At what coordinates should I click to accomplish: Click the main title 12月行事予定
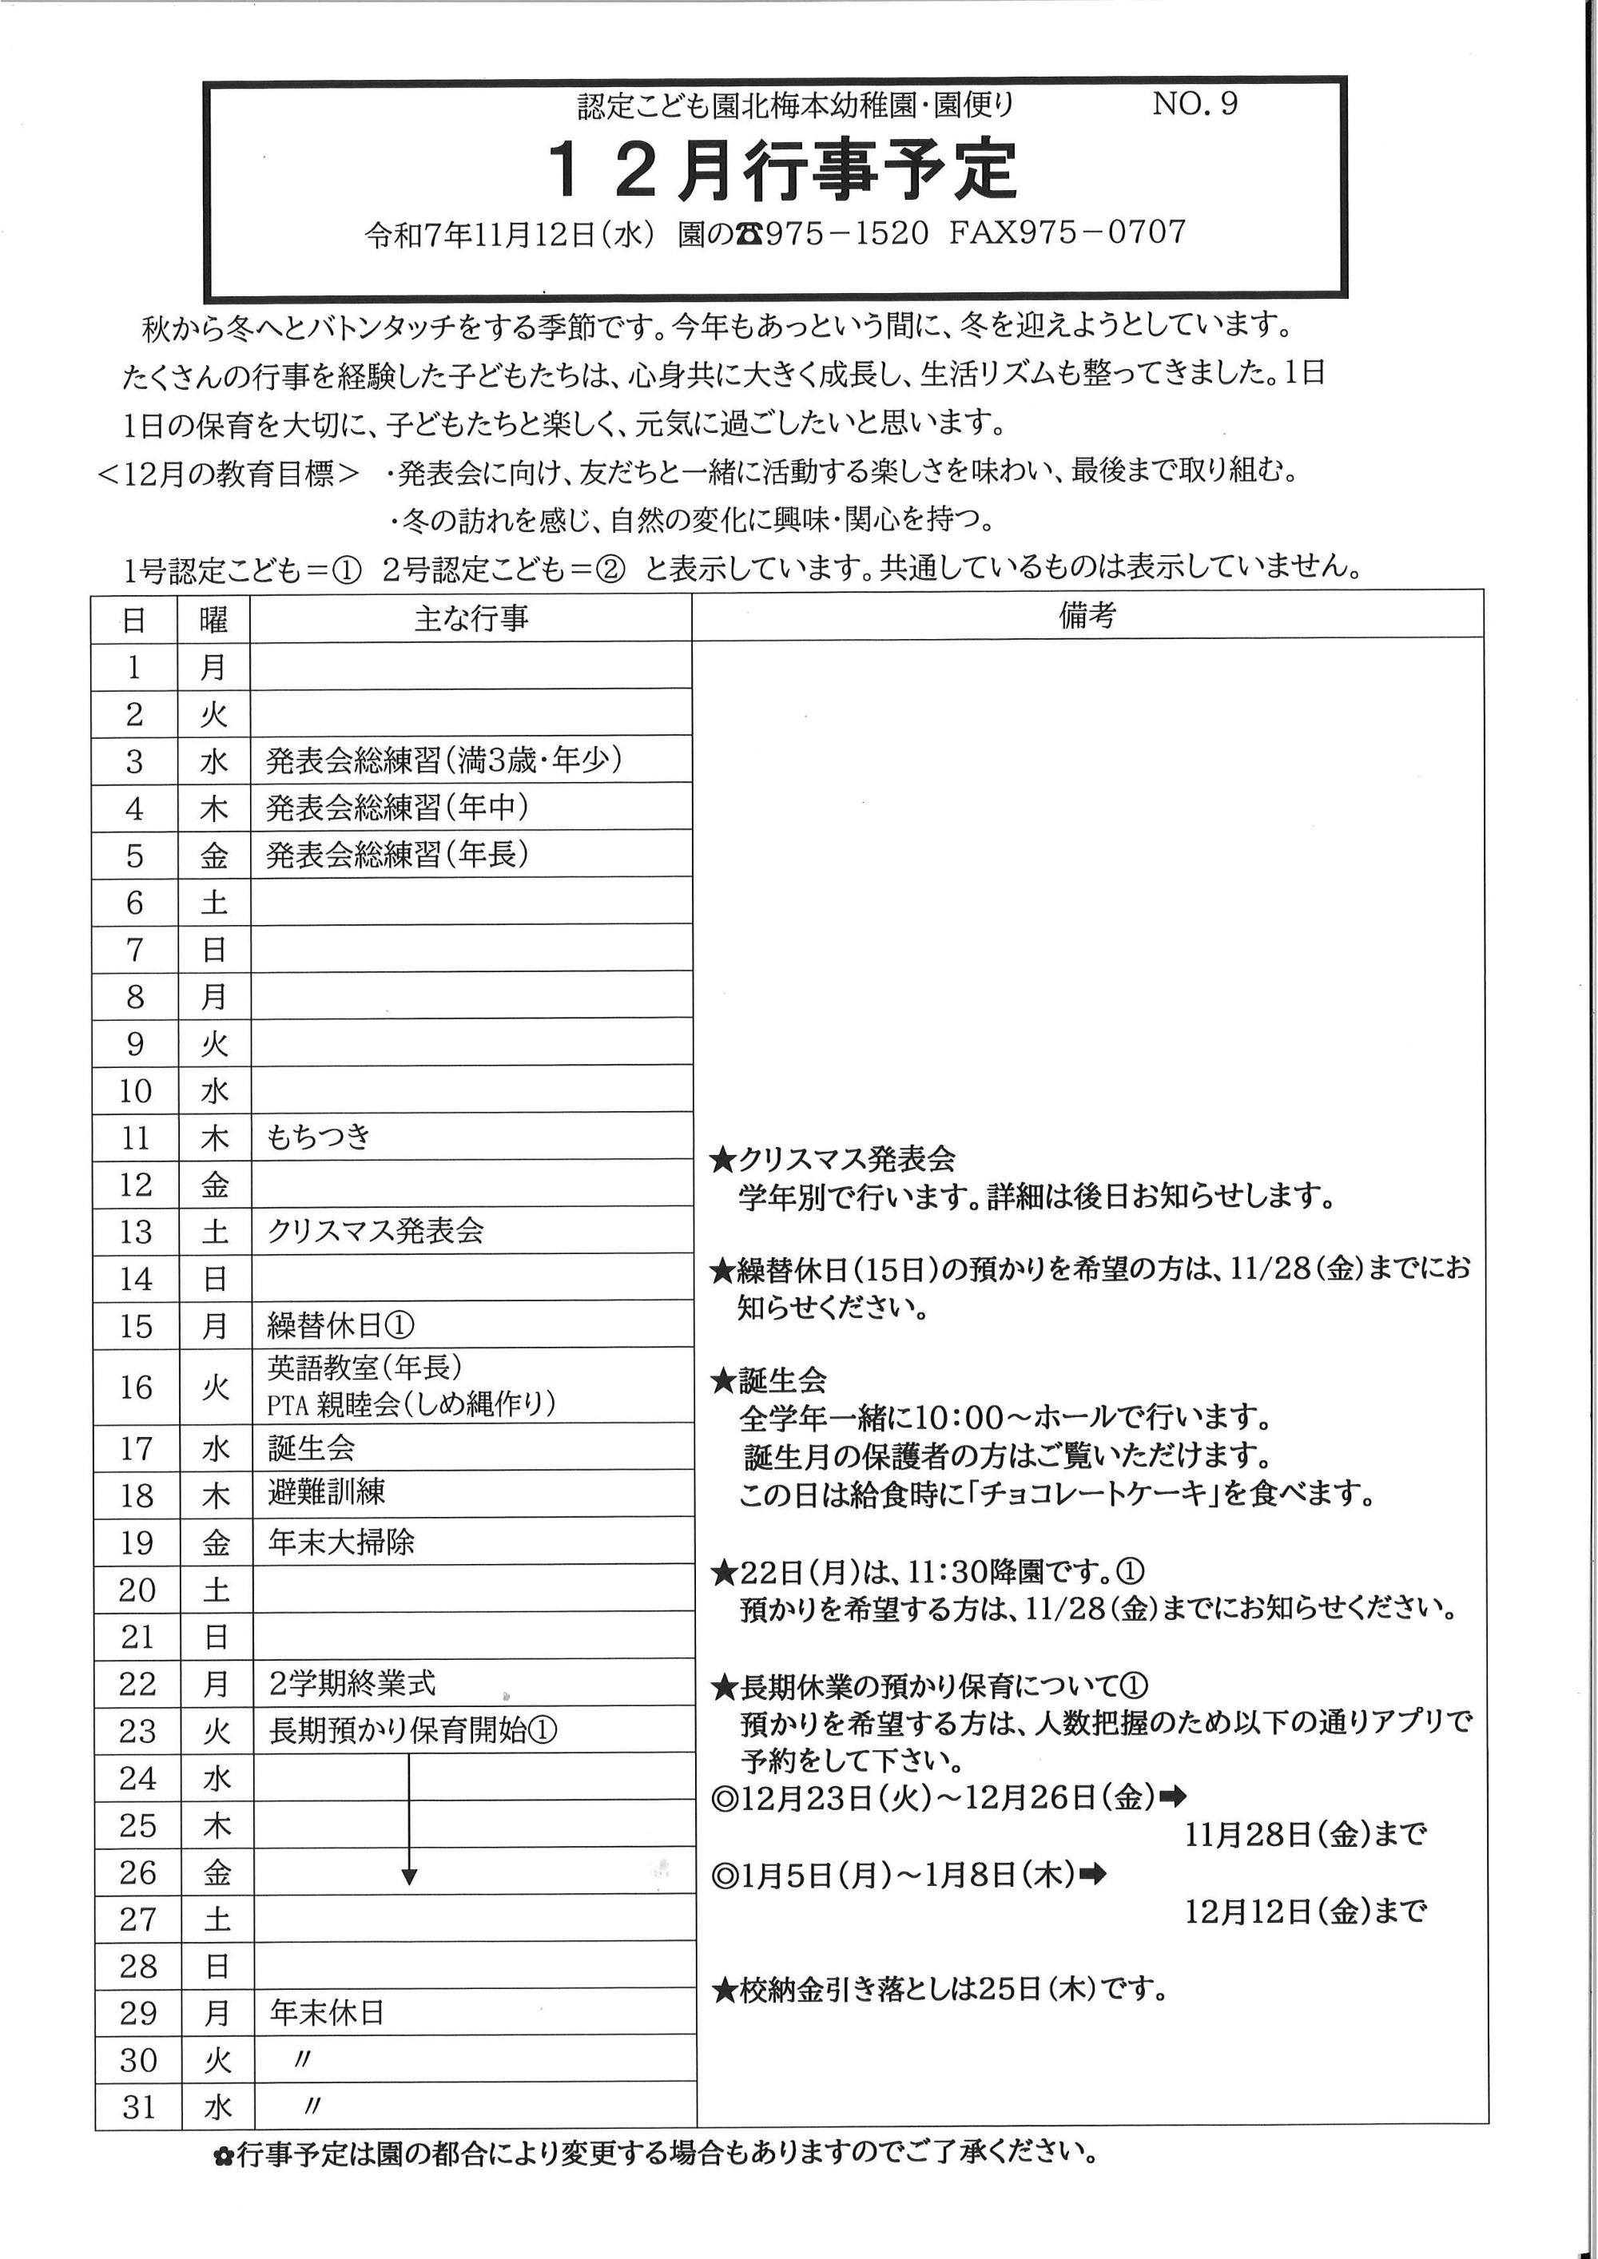click(782, 169)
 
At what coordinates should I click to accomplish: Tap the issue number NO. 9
click(1195, 103)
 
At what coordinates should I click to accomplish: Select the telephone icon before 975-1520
click(749, 234)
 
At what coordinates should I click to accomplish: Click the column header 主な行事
click(471, 618)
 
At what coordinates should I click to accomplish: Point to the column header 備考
click(1087, 615)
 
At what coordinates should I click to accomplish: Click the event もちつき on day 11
click(319, 1137)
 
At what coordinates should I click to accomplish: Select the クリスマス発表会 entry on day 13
click(376, 1231)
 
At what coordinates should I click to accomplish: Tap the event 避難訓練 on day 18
click(327, 1492)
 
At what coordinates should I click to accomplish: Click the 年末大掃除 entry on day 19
click(340, 1541)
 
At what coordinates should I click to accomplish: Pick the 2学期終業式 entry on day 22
click(352, 1683)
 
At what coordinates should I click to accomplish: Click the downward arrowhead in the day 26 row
click(409, 1876)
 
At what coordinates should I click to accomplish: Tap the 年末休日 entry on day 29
click(327, 2012)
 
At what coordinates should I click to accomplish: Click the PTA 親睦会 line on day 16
click(411, 1404)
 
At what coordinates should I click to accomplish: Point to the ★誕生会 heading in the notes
click(769, 1380)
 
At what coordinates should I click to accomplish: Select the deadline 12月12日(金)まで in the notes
click(1305, 1912)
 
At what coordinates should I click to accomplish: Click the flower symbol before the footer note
click(224, 2157)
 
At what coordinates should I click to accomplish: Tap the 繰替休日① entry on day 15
click(340, 1325)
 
